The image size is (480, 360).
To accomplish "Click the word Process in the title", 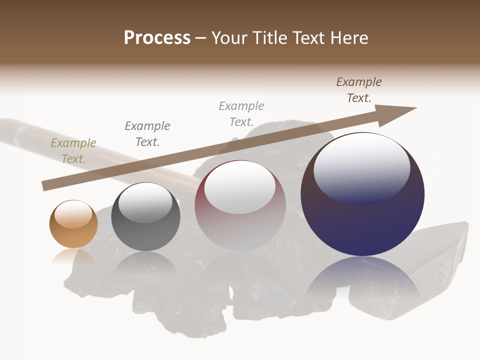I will click(x=157, y=38).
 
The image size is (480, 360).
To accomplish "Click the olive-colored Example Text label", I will click(x=73, y=151).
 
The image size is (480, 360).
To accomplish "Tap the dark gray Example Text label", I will click(x=147, y=133).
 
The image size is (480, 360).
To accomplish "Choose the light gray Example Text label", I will click(x=241, y=113).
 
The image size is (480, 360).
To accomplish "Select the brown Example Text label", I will click(x=359, y=89).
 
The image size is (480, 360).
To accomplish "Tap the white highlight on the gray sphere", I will click(x=145, y=202).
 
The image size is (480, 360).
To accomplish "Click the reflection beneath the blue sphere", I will click(x=362, y=280).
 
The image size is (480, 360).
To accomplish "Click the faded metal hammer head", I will click(x=442, y=265).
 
